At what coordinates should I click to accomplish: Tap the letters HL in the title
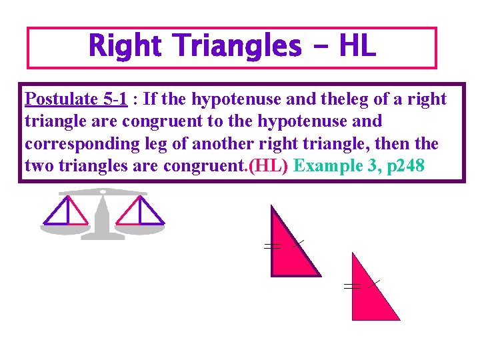(x=357, y=47)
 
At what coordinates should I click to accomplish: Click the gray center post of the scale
(x=103, y=217)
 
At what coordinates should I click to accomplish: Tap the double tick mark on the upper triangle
(x=271, y=247)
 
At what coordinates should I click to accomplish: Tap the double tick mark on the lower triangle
(x=351, y=286)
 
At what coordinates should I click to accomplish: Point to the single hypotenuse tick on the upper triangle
(x=298, y=244)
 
